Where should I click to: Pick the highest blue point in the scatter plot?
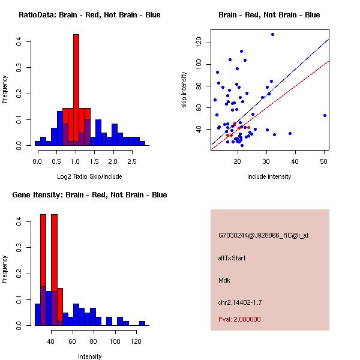tap(272, 34)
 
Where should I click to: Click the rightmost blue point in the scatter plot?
tap(325, 115)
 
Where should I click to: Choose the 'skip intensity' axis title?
tap(184, 89)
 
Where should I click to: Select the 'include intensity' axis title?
tap(269, 176)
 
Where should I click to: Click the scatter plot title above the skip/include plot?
tap(269, 15)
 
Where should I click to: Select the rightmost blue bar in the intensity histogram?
tap(142, 323)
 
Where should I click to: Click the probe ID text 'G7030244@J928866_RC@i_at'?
tap(263, 236)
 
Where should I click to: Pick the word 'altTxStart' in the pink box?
tap(232, 258)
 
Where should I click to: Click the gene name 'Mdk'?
tap(224, 280)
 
